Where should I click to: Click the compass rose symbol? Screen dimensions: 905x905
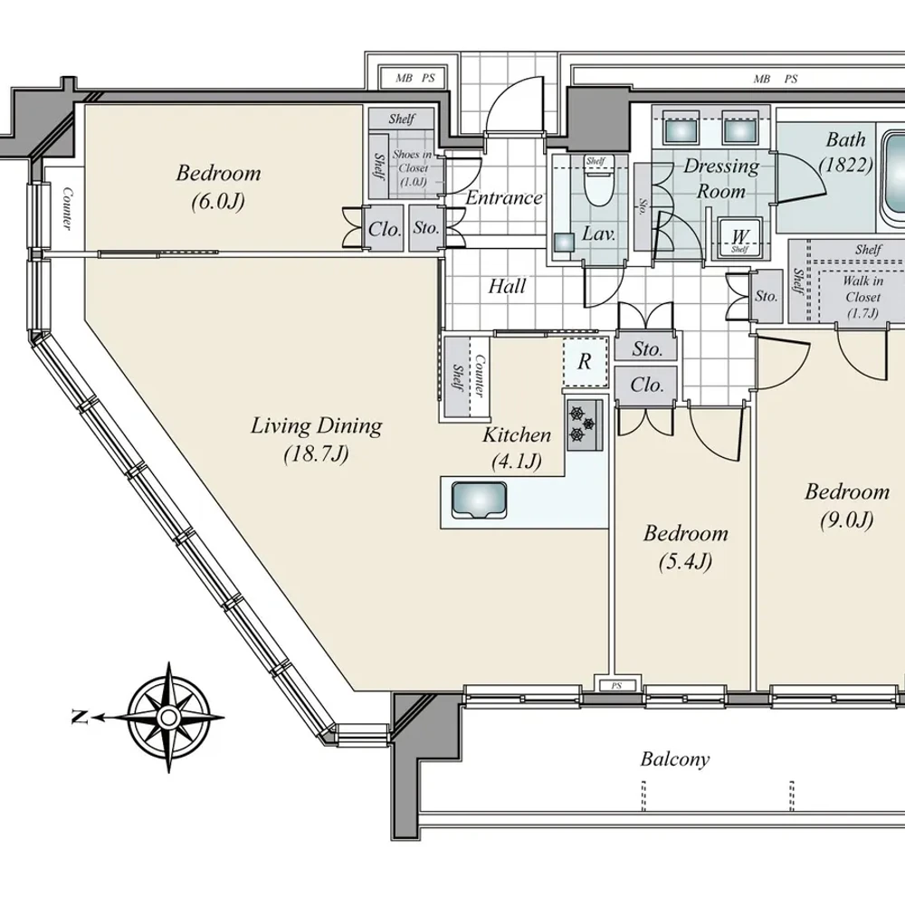click(x=168, y=718)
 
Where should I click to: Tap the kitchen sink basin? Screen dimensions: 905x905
click(x=479, y=500)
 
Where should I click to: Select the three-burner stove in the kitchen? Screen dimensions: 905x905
click(x=585, y=424)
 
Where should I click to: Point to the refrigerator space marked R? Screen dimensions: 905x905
click(x=586, y=362)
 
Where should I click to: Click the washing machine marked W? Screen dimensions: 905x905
click(x=739, y=237)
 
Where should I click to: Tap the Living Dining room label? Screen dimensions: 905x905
click(x=316, y=440)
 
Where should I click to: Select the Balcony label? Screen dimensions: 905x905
click(x=675, y=759)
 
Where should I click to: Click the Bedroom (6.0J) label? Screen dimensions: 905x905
click(x=218, y=186)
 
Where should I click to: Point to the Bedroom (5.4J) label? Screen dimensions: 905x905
click(x=686, y=547)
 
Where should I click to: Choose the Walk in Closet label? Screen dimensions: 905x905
click(x=862, y=297)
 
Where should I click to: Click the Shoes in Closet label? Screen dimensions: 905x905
click(x=413, y=168)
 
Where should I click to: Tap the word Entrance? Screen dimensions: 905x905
click(x=504, y=197)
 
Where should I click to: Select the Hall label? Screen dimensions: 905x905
click(x=507, y=286)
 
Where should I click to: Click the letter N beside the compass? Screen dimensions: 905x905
click(x=79, y=718)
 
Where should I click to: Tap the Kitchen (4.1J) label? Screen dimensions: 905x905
click(x=517, y=448)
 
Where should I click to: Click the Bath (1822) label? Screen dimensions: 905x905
click(x=845, y=152)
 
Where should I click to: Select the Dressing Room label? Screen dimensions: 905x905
click(x=721, y=178)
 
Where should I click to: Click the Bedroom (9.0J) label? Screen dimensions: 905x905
click(x=847, y=506)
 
